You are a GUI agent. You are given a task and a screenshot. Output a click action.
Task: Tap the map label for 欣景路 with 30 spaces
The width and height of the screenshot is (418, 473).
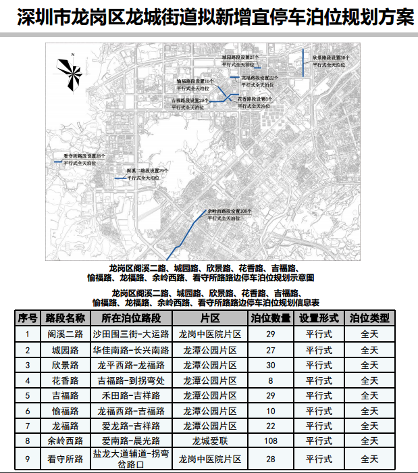[330, 61]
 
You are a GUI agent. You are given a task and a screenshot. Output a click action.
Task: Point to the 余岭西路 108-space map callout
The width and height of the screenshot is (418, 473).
[230, 215]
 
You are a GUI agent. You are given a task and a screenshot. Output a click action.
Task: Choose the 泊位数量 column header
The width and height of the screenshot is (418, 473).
[271, 318]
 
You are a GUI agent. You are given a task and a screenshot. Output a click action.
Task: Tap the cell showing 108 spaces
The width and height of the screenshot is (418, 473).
[271, 441]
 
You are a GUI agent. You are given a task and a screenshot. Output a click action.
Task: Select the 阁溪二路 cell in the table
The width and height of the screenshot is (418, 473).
[66, 334]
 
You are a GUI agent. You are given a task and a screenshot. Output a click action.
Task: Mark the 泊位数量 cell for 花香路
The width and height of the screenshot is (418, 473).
[271, 380]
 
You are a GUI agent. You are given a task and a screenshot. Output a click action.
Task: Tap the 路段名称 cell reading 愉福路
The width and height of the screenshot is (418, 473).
[66, 410]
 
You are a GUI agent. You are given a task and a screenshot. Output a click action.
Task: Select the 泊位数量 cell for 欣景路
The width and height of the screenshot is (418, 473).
[271, 366]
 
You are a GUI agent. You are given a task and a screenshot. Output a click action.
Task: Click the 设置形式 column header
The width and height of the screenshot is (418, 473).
[318, 318]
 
